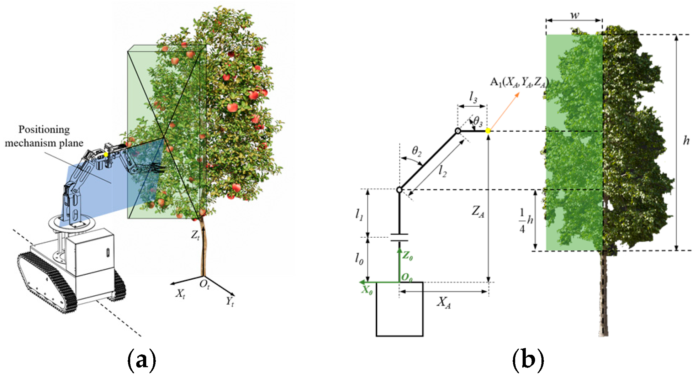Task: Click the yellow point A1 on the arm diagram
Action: [x=488, y=131]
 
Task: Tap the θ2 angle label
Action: [x=417, y=151]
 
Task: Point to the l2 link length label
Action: [x=442, y=172]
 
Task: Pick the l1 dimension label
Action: [x=359, y=215]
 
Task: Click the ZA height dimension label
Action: [x=478, y=212]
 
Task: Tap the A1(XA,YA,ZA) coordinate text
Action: [x=519, y=83]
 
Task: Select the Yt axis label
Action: [x=230, y=302]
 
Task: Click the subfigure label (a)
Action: [x=141, y=360]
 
